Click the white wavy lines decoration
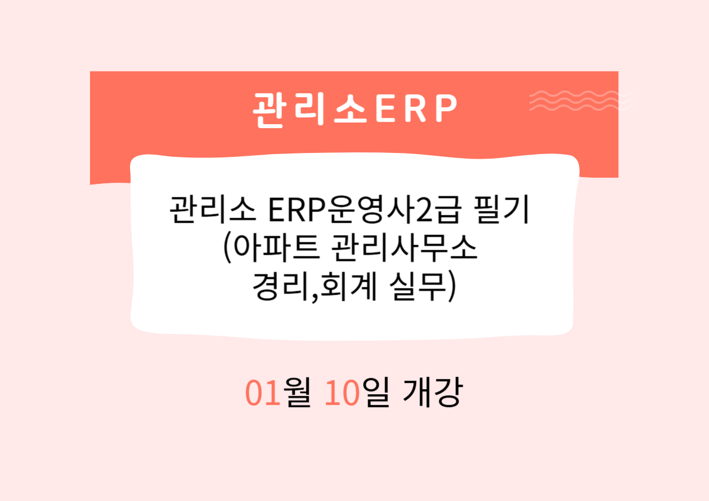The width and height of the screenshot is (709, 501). (x=580, y=100)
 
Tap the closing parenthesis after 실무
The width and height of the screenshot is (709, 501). (x=450, y=288)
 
